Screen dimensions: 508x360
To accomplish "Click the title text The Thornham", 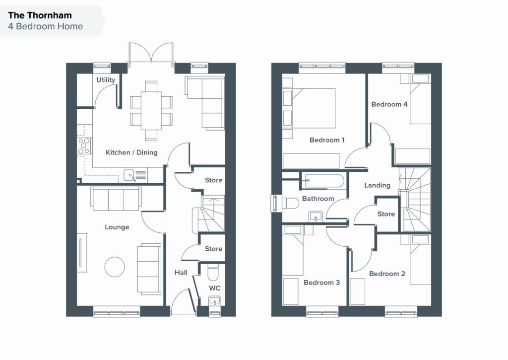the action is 40,15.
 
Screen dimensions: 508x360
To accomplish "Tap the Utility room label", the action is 106,80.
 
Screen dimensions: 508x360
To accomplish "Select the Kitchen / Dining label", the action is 131,152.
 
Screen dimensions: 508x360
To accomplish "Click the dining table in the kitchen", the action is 151,111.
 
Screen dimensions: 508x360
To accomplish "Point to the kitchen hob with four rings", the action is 84,146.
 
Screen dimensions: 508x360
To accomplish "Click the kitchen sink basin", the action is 129,175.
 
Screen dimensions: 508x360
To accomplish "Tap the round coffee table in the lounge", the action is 115,267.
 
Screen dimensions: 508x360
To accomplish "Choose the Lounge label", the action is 117,227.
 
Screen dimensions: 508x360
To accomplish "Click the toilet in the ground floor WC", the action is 213,272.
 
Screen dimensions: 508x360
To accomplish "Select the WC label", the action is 214,288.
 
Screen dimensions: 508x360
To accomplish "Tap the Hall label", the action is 181,273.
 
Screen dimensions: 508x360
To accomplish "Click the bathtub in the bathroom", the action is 324,181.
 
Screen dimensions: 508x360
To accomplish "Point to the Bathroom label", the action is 318,199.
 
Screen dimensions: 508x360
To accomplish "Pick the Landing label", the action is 377,185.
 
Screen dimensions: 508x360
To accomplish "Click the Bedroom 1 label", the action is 327,140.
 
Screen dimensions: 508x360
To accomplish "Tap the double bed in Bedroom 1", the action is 311,108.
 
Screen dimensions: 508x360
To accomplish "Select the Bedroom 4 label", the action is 389,104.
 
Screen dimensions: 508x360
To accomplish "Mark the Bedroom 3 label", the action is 321,283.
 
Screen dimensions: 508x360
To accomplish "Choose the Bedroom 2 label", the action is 387,274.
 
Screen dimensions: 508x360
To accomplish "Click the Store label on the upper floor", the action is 386,214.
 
